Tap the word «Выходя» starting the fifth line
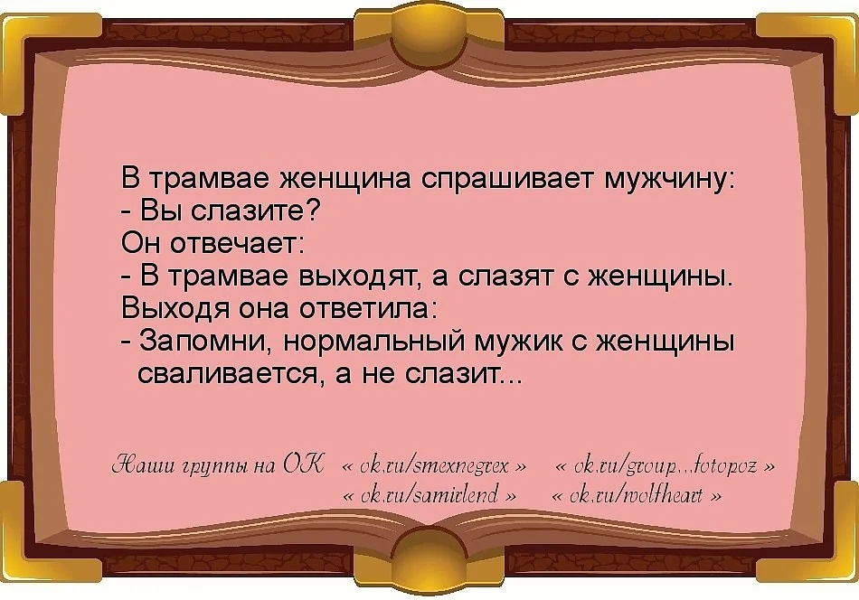(x=170, y=308)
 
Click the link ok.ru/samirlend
(x=433, y=496)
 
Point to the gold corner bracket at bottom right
(x=823, y=565)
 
